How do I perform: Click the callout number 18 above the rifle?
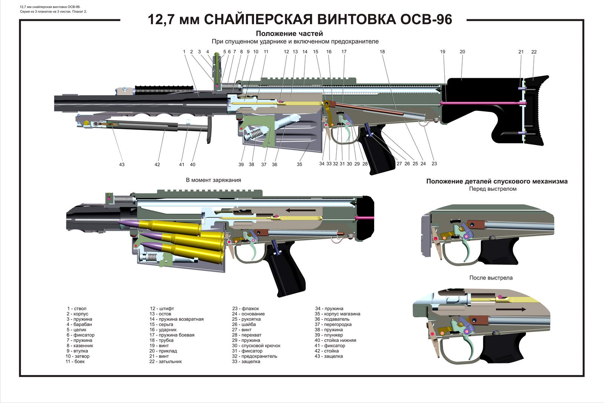coord(382,52)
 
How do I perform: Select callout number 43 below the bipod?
coord(122,164)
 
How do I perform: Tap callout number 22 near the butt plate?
coord(534,52)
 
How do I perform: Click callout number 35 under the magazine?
coord(299,164)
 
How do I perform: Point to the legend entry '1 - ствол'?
coord(77,309)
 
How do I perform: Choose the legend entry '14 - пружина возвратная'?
coord(176,319)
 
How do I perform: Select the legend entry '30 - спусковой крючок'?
coord(256,346)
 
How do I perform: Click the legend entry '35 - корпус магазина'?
coord(337,314)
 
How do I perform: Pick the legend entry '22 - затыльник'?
coord(165,361)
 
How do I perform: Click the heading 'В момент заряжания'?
coord(213,180)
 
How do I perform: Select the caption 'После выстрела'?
coord(491,278)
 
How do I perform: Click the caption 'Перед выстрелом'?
coord(493,189)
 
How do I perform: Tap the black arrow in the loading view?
coord(300,210)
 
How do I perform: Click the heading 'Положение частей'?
coord(289,34)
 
